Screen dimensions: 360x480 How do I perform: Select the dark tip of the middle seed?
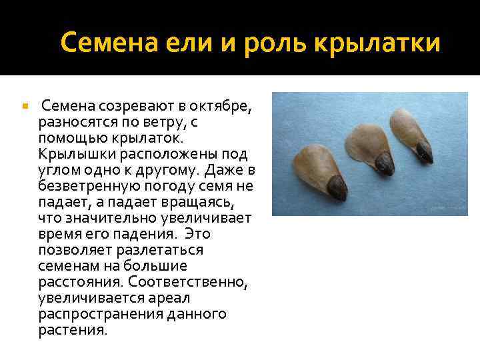coord(385,163)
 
